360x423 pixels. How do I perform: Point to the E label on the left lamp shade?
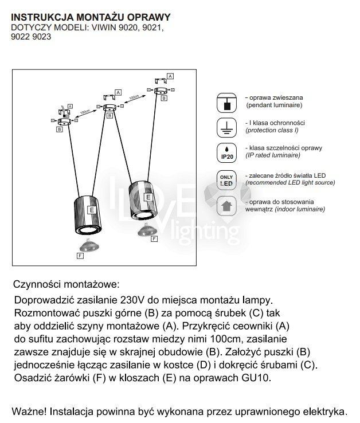click(91, 210)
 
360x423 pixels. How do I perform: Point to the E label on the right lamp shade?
click(148, 197)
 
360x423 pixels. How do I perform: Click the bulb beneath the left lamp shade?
click(89, 246)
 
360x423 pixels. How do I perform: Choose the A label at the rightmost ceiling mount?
click(170, 76)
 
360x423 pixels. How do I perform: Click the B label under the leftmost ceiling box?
click(59, 130)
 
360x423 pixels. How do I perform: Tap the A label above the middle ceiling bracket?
click(118, 92)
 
